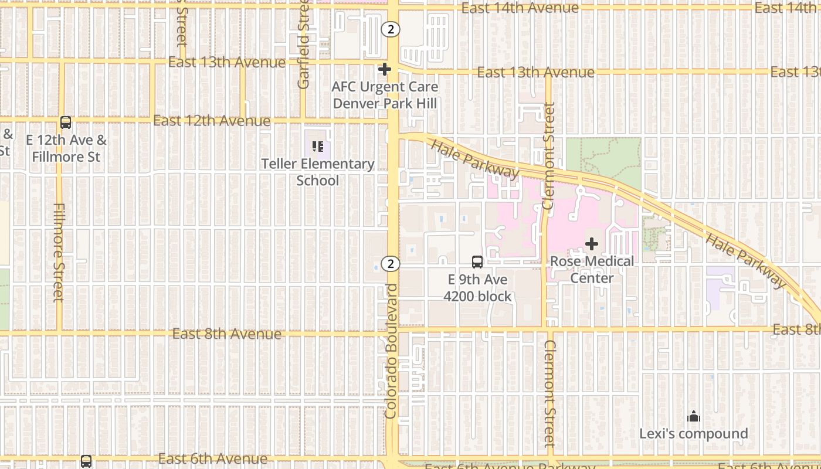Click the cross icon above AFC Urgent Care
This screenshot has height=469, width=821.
click(385, 70)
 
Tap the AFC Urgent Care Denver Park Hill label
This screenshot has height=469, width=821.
click(385, 95)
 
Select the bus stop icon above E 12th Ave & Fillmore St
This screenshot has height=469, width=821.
click(66, 123)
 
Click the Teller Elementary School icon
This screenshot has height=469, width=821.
click(317, 147)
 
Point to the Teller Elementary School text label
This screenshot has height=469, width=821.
click(317, 172)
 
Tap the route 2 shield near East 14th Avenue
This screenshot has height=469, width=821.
click(391, 29)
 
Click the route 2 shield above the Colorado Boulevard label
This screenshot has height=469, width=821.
click(391, 264)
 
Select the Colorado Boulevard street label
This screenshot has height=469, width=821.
click(391, 351)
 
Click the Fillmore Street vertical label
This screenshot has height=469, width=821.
click(59, 252)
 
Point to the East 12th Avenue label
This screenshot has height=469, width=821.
click(212, 121)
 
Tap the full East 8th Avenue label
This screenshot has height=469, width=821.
click(226, 334)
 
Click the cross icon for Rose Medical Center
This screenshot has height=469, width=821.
click(592, 244)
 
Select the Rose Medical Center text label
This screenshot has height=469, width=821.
click(592, 269)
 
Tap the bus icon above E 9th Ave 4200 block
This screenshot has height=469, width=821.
click(477, 262)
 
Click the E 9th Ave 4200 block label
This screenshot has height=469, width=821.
click(477, 288)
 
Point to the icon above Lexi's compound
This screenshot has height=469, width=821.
click(694, 417)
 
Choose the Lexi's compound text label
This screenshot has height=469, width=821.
click(694, 434)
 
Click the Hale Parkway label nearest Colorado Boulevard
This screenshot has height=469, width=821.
click(475, 159)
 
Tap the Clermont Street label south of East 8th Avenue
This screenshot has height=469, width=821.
click(549, 393)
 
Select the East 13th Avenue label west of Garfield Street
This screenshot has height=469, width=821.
click(227, 63)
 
